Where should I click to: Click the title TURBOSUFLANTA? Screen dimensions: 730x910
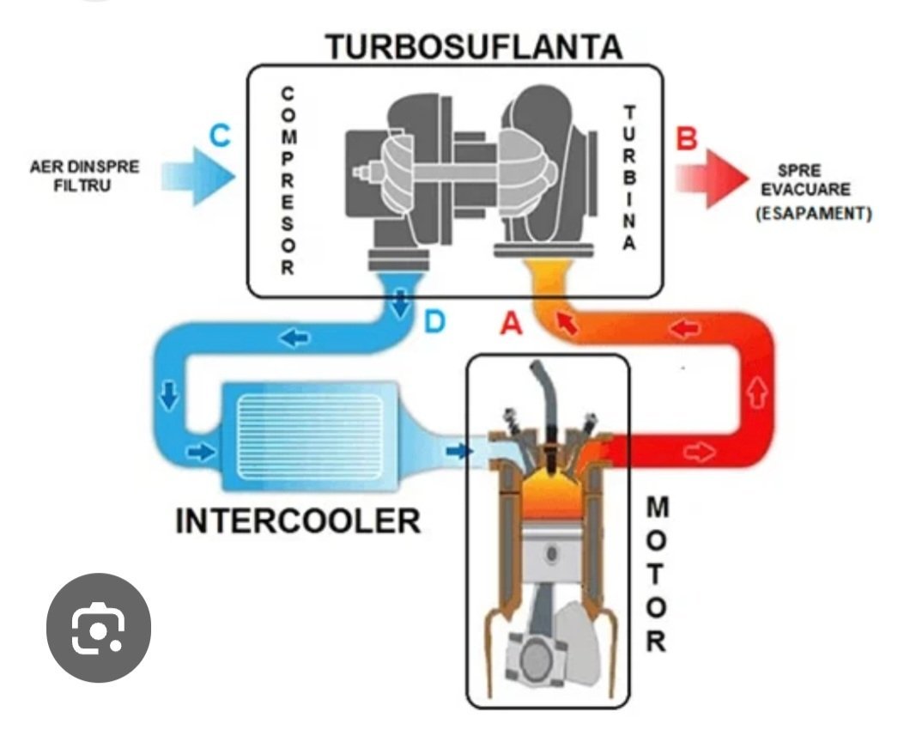click(473, 47)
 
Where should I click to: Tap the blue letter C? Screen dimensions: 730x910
click(221, 137)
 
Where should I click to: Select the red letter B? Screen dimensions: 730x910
click(686, 137)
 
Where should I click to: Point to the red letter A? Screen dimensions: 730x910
click(512, 323)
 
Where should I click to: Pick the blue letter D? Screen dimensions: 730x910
click(435, 323)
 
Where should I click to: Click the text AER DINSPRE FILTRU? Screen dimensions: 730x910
click(81, 175)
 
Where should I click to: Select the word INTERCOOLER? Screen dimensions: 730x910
click(298, 520)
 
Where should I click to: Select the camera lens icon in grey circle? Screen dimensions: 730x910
click(98, 630)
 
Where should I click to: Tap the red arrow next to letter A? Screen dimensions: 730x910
click(564, 323)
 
